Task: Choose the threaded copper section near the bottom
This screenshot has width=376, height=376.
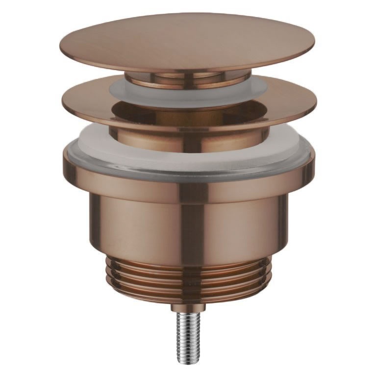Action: coord(188,282)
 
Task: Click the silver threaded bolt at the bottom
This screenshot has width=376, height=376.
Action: coord(188,333)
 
